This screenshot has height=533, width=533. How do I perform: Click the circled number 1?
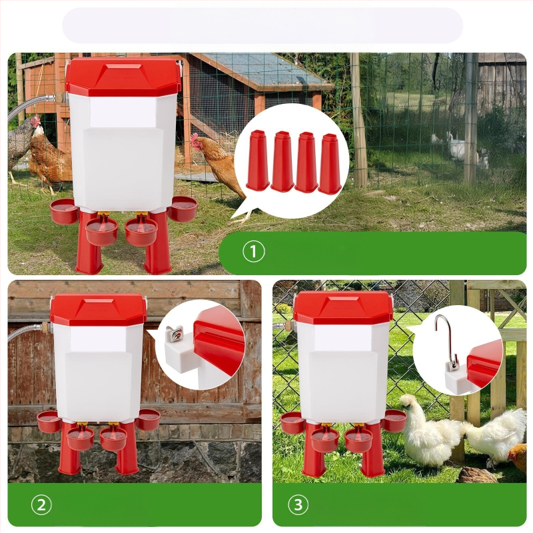(x=254, y=252)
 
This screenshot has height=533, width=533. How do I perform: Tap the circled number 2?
(x=41, y=505)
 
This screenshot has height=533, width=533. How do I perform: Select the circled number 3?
(x=298, y=505)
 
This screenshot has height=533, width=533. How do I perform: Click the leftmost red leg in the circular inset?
(x=259, y=160)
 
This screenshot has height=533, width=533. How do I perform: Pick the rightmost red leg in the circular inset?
(x=329, y=163)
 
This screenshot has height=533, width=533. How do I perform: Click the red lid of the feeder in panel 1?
(x=122, y=77)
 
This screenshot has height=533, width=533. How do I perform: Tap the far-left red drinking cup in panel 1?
(x=64, y=211)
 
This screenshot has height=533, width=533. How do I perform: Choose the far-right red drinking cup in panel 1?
(x=183, y=209)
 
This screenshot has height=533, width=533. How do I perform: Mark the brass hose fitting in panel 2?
(x=46, y=328)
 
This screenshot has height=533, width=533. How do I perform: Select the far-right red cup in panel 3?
(x=394, y=420)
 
